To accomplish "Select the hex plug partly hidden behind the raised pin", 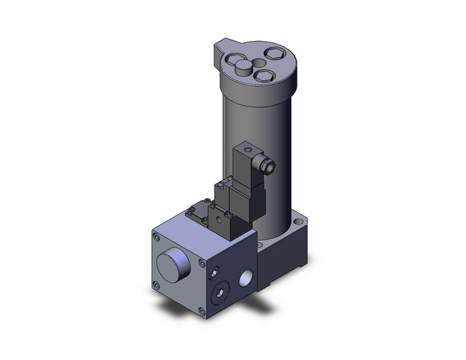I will click(x=235, y=60).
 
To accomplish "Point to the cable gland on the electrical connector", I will click(x=268, y=164).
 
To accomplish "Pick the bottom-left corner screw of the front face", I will click(x=158, y=284).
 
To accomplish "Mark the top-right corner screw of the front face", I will click(x=201, y=263).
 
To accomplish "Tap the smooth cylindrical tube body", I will click(x=258, y=123).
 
